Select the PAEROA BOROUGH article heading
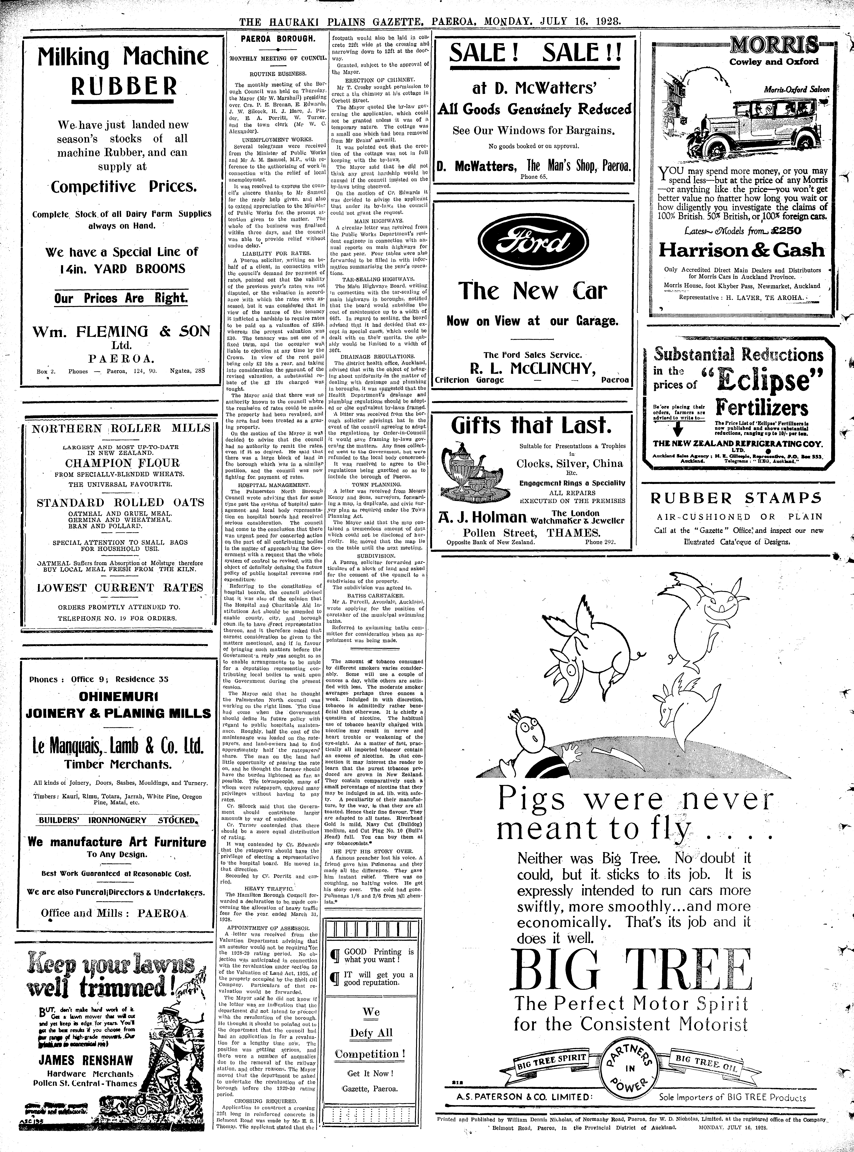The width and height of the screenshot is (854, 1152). [278, 39]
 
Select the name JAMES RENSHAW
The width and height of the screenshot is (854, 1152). [86, 1060]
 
